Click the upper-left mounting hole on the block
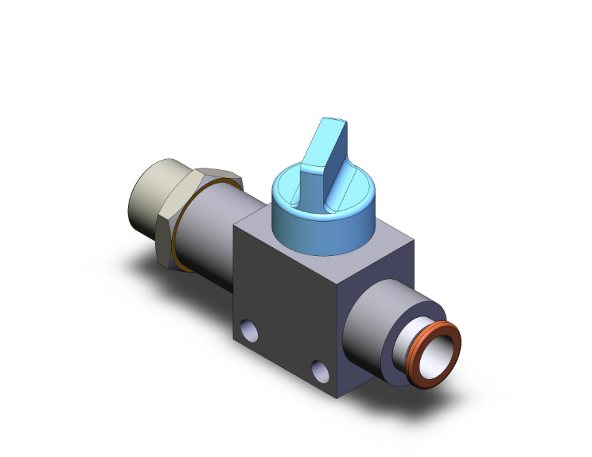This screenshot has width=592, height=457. point(248,327)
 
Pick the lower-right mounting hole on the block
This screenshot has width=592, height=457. point(320,370)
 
